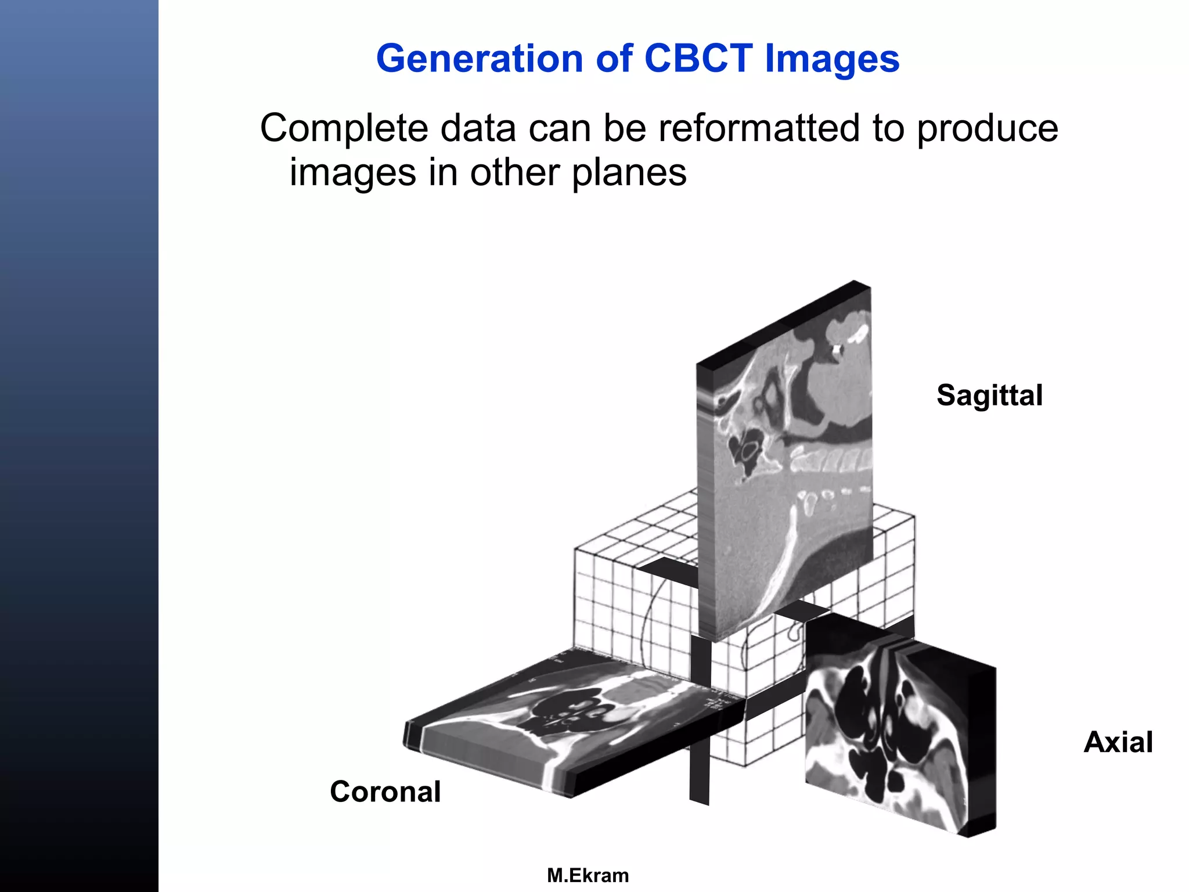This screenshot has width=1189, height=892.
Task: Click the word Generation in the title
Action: (x=479, y=59)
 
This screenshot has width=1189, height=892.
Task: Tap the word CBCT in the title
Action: (x=698, y=59)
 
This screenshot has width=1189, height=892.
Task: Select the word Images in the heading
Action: (x=832, y=59)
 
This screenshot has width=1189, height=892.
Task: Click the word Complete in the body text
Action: (x=343, y=129)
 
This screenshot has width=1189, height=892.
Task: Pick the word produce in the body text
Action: (x=987, y=129)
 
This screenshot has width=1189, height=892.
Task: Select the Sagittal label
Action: (x=989, y=395)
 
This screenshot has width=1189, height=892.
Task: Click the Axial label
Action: (x=1118, y=742)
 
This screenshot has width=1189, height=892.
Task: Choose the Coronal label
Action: (x=385, y=792)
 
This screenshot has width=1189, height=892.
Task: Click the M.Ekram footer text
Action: (x=588, y=875)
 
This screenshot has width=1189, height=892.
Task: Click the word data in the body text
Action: (x=477, y=129)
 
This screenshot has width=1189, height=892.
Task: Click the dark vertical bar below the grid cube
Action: (x=700, y=772)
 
